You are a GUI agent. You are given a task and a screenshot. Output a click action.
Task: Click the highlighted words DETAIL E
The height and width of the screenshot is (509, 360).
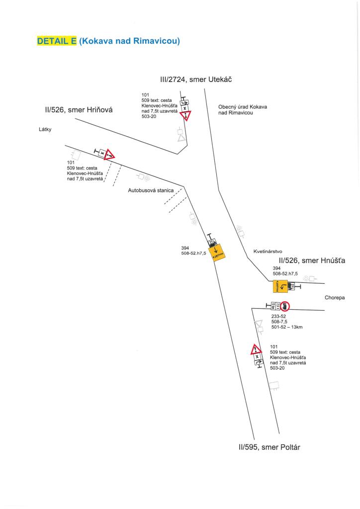[57, 41]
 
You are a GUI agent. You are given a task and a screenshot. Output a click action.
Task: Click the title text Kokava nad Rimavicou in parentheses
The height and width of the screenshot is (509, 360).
[129, 41]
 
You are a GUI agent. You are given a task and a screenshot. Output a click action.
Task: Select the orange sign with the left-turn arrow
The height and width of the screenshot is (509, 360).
[280, 286]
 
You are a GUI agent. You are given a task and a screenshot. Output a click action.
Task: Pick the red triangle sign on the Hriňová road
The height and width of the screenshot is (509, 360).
[109, 155]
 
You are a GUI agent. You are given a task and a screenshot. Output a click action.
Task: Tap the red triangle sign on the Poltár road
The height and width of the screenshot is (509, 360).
[256, 349]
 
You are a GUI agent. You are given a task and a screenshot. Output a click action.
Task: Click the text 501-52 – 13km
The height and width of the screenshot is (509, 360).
[287, 327]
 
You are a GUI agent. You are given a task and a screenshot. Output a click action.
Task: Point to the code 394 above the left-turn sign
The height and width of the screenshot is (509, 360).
[276, 268]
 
